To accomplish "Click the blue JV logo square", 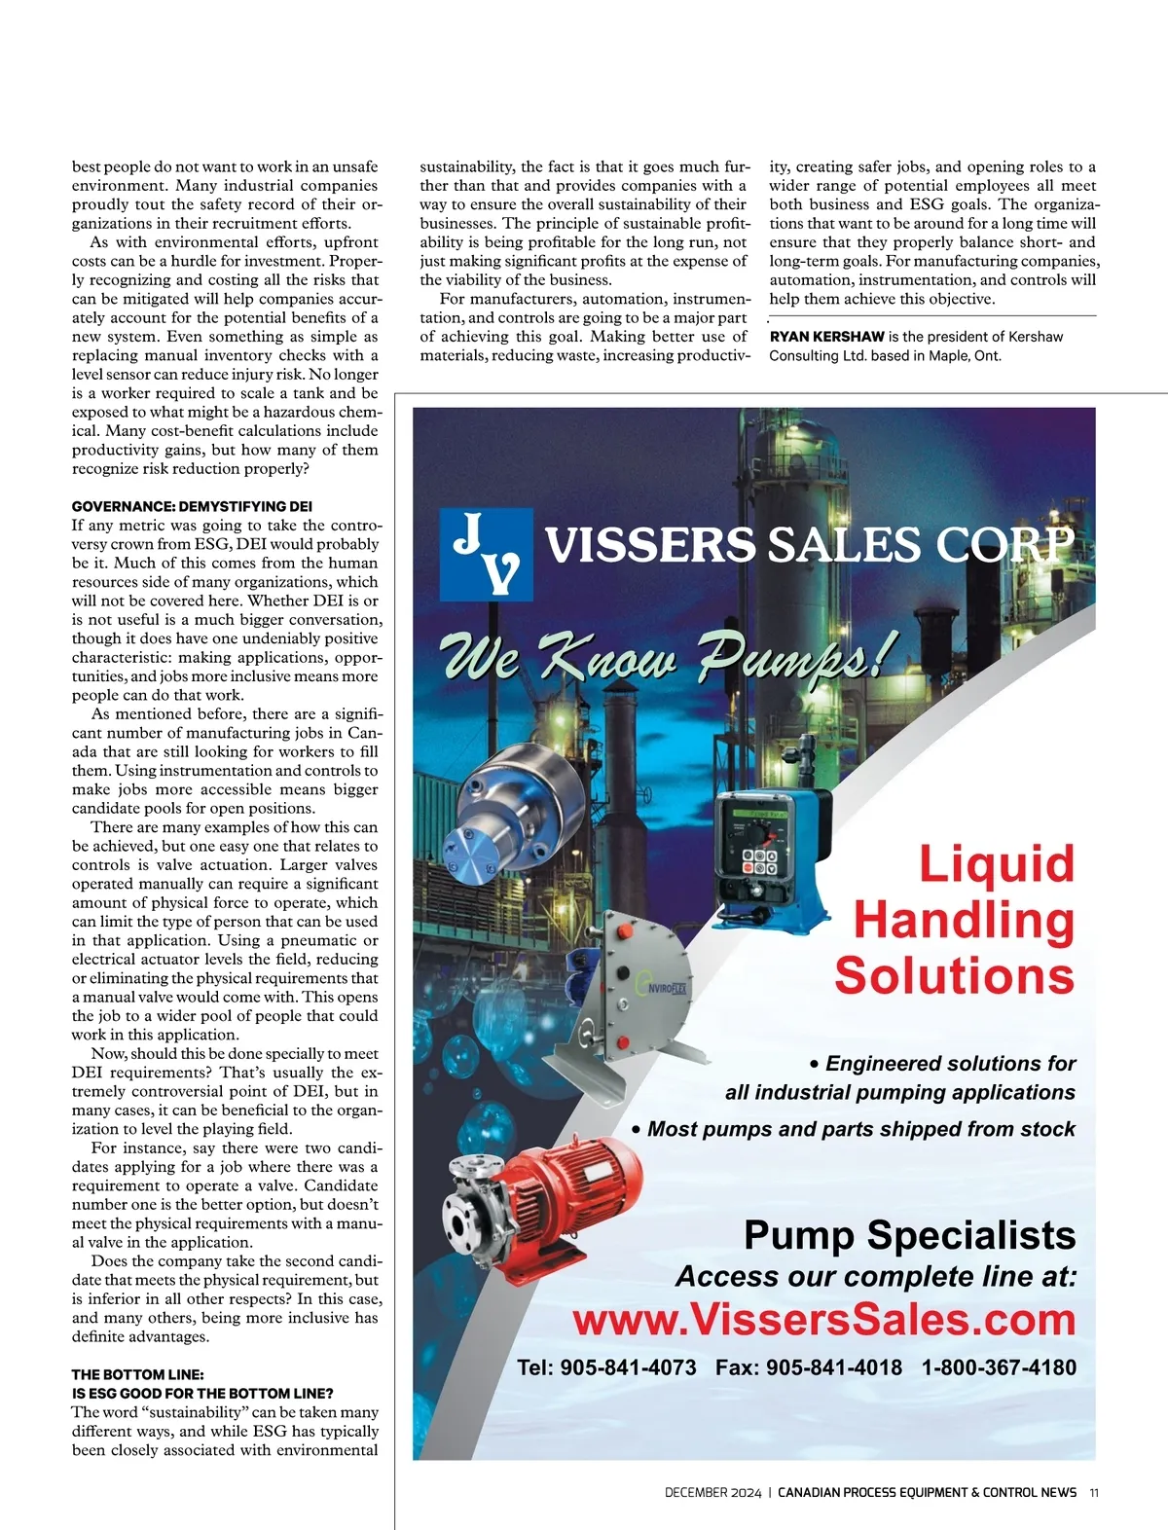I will (x=487, y=553).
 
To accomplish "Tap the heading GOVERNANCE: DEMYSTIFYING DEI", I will (x=192, y=506).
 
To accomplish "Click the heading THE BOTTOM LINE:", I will (x=137, y=1374).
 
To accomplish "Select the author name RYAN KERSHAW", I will (x=826, y=337).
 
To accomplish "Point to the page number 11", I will (x=1094, y=1492).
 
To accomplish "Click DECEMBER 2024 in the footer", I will (x=712, y=1492).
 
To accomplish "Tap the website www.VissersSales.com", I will (x=824, y=1320).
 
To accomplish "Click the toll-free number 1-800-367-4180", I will (x=999, y=1367).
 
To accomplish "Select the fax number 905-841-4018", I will (x=834, y=1367).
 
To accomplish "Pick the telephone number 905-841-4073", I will (x=629, y=1367).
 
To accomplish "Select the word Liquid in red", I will (x=996, y=863).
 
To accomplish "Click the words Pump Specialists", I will (x=909, y=1235).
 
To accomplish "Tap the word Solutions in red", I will (x=954, y=974).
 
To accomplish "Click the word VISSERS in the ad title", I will (x=649, y=545).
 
